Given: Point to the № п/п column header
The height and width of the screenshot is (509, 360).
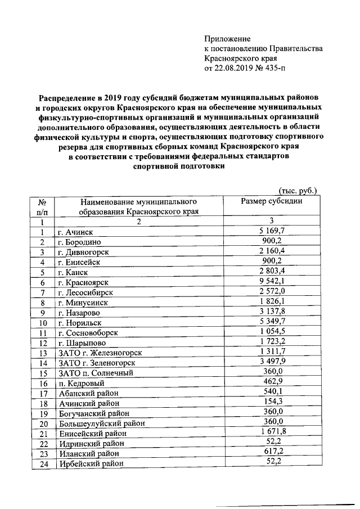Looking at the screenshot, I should (42, 206).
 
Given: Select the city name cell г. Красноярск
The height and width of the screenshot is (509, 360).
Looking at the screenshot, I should (83, 282).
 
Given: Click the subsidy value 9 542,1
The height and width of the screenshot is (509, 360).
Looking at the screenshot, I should (272, 281).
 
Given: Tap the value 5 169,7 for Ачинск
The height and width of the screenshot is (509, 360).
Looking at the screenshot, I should (272, 231).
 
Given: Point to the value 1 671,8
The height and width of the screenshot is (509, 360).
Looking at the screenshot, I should (272, 431).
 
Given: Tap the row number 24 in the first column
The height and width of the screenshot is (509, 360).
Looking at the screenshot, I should (42, 464).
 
